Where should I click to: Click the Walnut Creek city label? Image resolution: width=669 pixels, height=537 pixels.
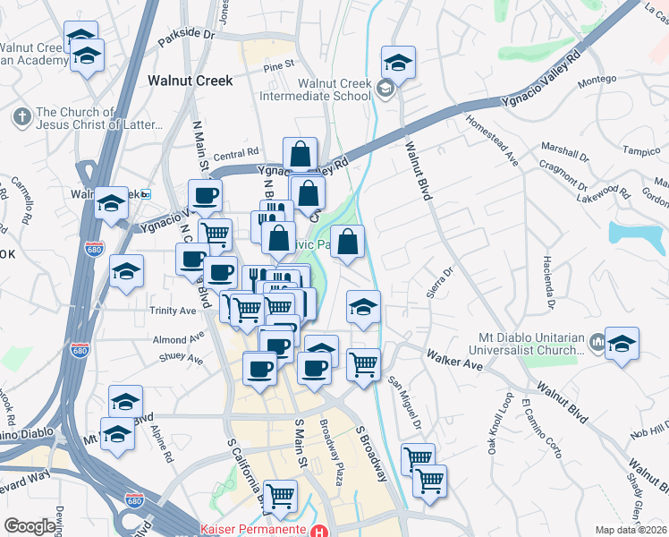[x=190, y=81]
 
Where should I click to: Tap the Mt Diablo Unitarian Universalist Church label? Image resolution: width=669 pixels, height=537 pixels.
[x=536, y=345]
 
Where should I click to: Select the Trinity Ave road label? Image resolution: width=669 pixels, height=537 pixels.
[x=174, y=311]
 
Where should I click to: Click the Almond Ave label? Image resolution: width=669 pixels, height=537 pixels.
[x=178, y=340]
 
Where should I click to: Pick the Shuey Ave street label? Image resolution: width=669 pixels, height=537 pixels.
[x=181, y=359]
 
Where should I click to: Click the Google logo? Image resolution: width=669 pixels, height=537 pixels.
[x=30, y=526]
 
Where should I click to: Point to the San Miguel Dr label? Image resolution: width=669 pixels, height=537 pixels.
[x=403, y=401]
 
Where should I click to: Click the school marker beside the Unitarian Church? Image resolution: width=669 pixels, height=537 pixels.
[x=622, y=345]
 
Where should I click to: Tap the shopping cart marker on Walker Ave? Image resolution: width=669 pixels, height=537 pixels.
[x=363, y=364]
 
